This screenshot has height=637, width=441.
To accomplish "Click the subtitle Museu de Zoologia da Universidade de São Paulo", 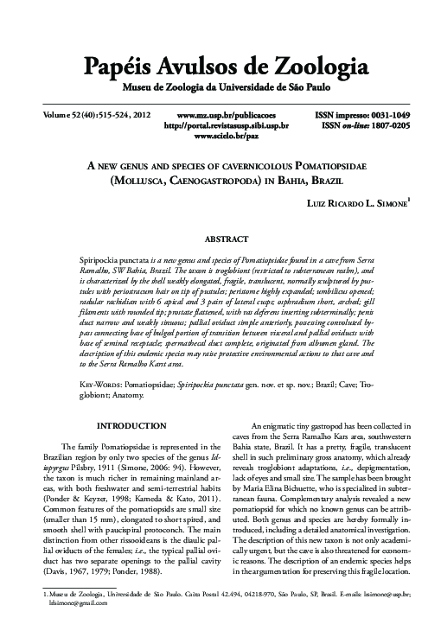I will point(220,87).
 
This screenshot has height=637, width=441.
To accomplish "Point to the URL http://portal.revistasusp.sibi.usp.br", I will point(226,125).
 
